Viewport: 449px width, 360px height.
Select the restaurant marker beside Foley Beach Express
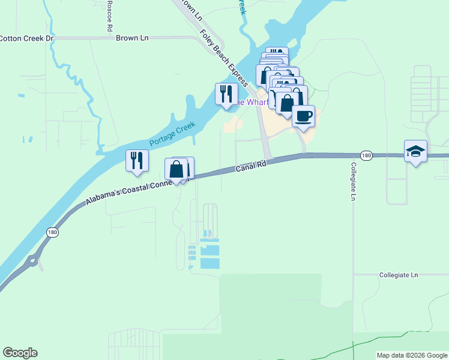226,94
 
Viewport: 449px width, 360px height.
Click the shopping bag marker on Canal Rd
176,169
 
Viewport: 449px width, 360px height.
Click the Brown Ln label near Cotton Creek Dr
132,37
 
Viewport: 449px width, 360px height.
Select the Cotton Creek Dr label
27,38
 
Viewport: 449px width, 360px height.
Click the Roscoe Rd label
109,16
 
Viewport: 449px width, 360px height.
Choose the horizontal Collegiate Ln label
398,275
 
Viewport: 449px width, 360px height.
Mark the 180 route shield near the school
367,155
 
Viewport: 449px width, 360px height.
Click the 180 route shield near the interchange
51,230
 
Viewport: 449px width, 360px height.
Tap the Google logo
20,353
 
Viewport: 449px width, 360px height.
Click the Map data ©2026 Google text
411,355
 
